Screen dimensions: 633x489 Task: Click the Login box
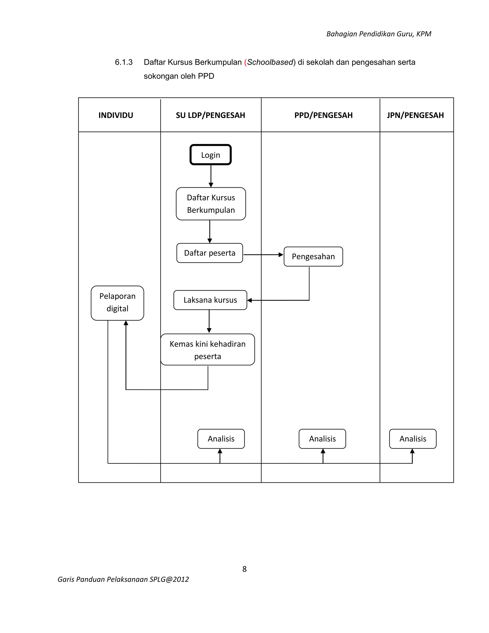click(x=210, y=155)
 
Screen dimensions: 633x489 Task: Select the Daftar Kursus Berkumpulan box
click(x=211, y=204)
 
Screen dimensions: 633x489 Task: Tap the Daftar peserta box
click(x=209, y=253)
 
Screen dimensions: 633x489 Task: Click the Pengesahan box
click(x=313, y=257)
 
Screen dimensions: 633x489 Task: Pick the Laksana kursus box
click(x=210, y=300)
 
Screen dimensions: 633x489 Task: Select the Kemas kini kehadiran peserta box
click(x=207, y=349)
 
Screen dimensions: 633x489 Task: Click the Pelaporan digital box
click(x=117, y=303)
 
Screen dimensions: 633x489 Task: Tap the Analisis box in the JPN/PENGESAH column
click(x=413, y=439)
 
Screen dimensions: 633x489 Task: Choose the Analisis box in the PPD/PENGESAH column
click(x=322, y=439)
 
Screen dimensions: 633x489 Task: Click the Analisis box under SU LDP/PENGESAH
click(x=221, y=439)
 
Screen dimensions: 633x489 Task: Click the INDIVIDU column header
click(x=116, y=115)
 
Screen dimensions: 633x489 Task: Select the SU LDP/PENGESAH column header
click(x=210, y=115)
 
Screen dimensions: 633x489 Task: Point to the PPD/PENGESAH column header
click(x=323, y=115)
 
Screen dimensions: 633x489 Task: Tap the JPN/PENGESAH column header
click(x=415, y=115)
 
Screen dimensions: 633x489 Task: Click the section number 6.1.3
click(x=124, y=62)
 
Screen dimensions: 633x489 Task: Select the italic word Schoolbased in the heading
click(x=270, y=62)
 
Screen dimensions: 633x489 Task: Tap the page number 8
click(x=244, y=569)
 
